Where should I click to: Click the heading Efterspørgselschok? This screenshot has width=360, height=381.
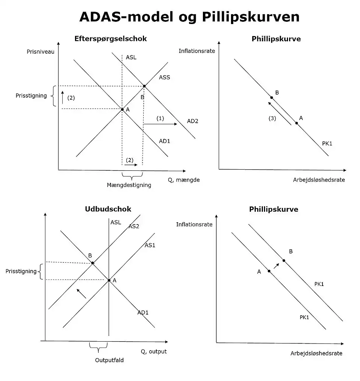(x=110, y=39)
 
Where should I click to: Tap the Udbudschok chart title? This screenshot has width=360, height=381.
(x=108, y=209)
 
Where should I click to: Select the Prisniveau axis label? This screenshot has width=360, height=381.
(x=40, y=51)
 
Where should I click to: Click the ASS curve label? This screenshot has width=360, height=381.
(x=164, y=77)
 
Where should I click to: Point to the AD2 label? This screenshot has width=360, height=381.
(x=192, y=121)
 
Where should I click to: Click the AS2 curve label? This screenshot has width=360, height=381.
(x=134, y=226)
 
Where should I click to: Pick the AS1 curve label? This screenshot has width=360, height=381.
(x=150, y=245)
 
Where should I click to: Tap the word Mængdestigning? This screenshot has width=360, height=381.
(x=129, y=185)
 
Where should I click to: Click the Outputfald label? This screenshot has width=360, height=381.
(x=109, y=360)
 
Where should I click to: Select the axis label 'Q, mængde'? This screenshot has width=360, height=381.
(x=184, y=180)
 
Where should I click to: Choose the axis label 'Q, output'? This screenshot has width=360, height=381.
(x=154, y=351)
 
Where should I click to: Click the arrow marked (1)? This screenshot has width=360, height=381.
(x=160, y=123)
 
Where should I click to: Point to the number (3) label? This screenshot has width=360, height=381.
(x=272, y=119)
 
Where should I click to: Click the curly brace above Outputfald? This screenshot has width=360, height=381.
(x=98, y=348)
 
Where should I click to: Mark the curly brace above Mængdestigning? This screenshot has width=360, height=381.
(x=132, y=175)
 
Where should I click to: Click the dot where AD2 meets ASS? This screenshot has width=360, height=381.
(x=144, y=86)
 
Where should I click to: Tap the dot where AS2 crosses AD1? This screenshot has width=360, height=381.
(x=93, y=263)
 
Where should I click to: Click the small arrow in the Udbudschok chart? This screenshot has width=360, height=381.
(x=81, y=293)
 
